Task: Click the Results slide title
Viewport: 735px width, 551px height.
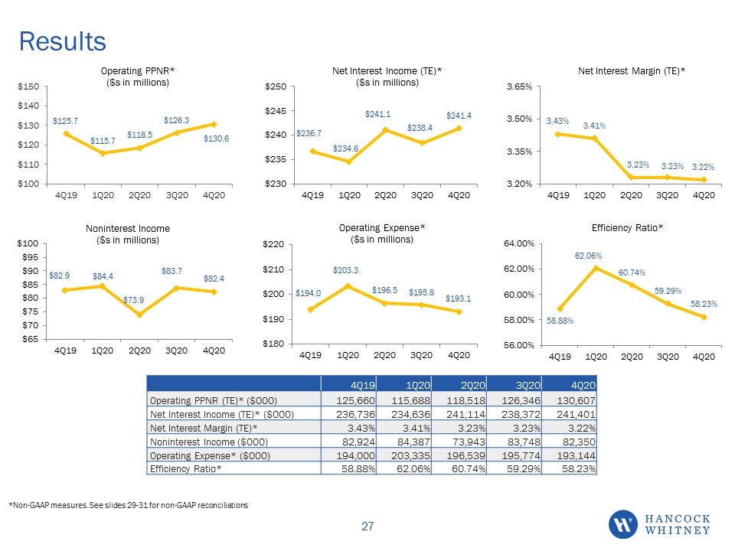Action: click(62, 41)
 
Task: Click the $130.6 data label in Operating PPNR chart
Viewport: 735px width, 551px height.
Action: click(216, 139)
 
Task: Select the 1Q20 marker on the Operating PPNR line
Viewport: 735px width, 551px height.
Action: click(103, 153)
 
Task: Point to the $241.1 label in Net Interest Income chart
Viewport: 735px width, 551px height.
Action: click(377, 114)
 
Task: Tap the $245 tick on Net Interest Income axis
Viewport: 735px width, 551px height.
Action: click(276, 111)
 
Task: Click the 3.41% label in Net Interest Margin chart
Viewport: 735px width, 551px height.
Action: click(594, 126)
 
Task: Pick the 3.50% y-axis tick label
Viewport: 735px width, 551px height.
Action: click(519, 119)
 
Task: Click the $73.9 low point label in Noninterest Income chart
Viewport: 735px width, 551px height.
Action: click(133, 300)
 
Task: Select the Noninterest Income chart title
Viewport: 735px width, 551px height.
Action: click(128, 234)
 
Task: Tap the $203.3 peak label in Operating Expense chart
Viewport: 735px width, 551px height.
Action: click(345, 270)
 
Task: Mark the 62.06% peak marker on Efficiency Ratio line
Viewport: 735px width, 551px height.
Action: click(596, 269)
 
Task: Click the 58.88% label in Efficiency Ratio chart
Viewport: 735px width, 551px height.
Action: click(560, 321)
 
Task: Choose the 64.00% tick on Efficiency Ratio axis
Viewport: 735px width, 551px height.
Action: click(519, 243)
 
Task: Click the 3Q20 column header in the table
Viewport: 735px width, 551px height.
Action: click(528, 385)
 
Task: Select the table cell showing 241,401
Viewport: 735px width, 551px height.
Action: click(576, 415)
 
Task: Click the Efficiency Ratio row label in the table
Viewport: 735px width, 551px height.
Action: click(185, 469)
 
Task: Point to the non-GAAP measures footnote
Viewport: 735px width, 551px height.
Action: click(129, 505)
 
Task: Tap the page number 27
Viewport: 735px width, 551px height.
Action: click(367, 527)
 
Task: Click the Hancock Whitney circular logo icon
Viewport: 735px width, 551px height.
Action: click(623, 524)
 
